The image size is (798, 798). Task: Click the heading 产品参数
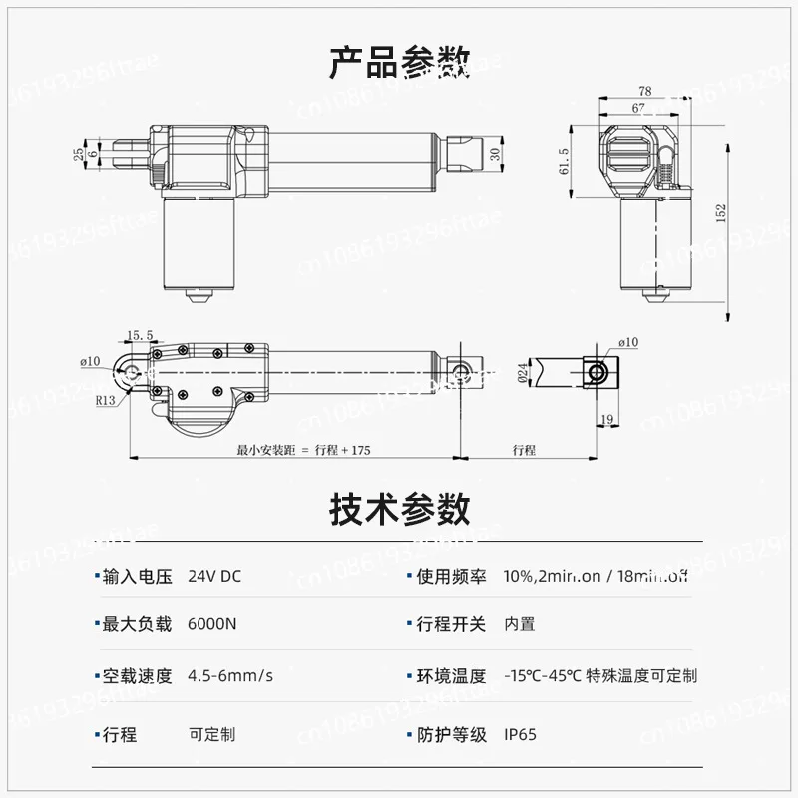coord(399,62)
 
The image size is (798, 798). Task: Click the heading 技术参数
coord(399,510)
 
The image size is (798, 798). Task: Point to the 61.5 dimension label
coord(564,160)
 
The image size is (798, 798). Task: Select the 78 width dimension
coord(645,91)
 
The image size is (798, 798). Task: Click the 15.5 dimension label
coord(140,335)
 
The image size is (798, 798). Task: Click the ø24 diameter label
coord(522,372)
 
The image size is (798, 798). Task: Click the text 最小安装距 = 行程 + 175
coord(303,450)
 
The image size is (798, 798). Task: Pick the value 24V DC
coord(214,576)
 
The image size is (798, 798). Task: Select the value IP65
coord(520,735)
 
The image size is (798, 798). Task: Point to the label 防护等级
coord(451,735)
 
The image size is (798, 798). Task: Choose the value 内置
coord(519,624)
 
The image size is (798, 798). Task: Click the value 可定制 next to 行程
coord(212,735)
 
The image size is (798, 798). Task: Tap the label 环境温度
coord(451,675)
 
